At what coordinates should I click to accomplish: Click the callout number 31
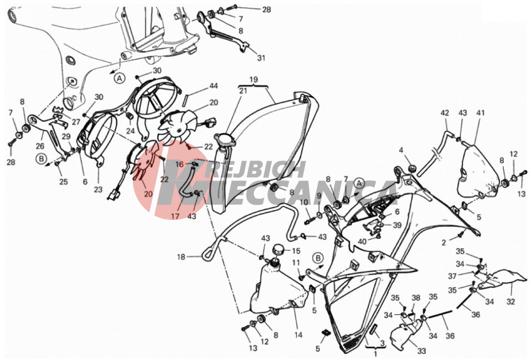pos(261,58)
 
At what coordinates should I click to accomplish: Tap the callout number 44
pos(213,86)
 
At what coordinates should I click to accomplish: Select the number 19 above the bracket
pos(254,80)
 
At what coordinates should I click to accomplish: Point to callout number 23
pos(98,189)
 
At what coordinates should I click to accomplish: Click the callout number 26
pos(40,146)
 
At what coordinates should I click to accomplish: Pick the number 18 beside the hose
pos(181,257)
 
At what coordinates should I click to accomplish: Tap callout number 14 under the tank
pos(298,335)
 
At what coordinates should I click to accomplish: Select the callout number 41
pos(481,113)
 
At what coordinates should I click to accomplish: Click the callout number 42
pos(445,113)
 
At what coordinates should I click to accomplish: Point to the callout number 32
pos(511,301)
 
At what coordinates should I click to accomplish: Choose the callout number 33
pos(421,351)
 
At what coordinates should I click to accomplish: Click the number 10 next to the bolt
pos(304,203)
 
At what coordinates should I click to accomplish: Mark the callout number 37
pos(452,276)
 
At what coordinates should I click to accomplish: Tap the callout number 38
pos(416,297)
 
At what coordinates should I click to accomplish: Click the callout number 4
pos(401,150)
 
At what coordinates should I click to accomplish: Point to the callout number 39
pos(396,225)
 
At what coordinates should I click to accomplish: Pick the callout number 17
pos(175,216)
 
